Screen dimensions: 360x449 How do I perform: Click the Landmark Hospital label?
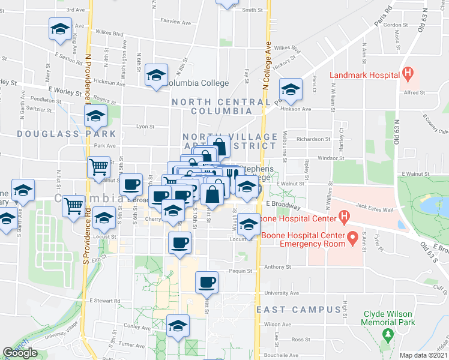(x=364, y=75)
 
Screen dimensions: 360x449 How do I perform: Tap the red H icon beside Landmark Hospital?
(x=408, y=74)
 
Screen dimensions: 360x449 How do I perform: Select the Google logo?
(x=20, y=353)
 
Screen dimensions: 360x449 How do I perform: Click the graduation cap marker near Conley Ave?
(x=178, y=326)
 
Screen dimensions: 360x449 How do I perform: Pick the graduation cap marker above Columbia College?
(x=156, y=74)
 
